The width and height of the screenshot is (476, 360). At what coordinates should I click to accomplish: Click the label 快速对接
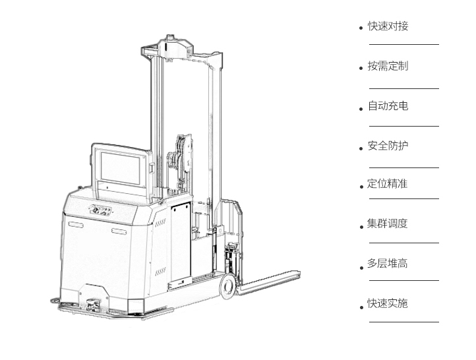(388, 26)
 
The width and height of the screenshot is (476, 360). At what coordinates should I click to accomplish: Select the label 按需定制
(388, 66)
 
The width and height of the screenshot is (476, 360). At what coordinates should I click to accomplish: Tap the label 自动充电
(388, 105)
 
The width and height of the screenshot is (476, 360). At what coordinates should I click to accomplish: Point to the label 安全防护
(388, 146)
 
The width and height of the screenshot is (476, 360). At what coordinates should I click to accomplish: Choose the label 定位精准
(388, 184)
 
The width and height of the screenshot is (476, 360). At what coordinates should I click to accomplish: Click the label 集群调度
(388, 224)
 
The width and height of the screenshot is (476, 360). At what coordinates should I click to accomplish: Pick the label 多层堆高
(388, 263)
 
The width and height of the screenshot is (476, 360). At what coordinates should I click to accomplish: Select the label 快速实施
(388, 303)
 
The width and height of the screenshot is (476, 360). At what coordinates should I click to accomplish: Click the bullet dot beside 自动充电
(361, 109)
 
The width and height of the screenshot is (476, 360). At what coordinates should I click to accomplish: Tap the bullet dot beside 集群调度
(361, 227)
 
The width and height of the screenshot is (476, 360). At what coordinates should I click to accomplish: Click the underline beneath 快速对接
(404, 44)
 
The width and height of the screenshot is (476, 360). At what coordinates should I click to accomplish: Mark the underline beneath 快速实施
(404, 322)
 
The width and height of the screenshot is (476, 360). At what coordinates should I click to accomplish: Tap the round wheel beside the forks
(228, 286)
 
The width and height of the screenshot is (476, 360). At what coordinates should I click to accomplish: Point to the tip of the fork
(300, 273)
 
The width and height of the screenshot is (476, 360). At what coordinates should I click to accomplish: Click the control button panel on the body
(100, 210)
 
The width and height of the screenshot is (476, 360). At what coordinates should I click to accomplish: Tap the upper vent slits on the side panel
(160, 223)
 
